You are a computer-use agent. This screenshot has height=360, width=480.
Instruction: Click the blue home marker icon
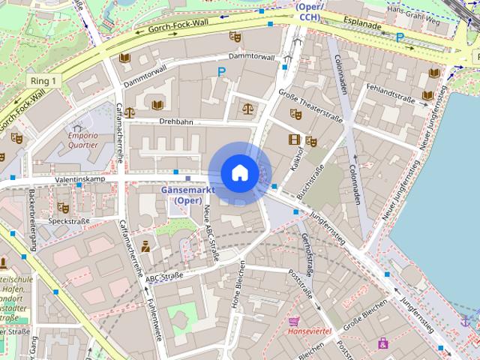[x=239, y=173]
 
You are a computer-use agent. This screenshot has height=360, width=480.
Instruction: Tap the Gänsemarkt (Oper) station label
[x=187, y=195]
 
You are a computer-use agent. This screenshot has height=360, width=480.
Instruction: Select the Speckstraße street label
[x=68, y=221]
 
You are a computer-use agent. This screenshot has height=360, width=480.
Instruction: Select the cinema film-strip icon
[x=294, y=139]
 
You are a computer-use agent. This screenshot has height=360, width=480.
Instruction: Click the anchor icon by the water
[x=465, y=321]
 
